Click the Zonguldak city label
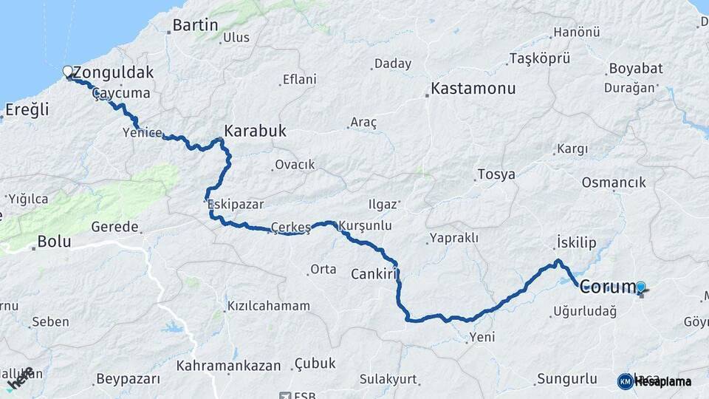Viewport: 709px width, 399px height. pos(114,72)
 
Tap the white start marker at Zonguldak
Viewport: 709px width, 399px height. pos(68,72)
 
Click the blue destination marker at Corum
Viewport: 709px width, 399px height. pos(640,287)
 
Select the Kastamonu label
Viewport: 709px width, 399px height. pos(473,89)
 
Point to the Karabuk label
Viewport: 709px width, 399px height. pos(255,131)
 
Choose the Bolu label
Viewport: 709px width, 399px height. pos(53,241)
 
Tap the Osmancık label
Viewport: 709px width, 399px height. pos(614,182)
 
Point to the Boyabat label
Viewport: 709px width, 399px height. pos(635,69)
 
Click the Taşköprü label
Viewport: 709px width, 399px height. pos(541,58)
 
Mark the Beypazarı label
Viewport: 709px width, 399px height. pos(128,379)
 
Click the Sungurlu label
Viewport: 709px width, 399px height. pos(566,379)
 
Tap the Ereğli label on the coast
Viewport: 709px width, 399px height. pos(27,110)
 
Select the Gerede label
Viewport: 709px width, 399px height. pos(115,226)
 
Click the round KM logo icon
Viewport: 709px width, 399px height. pos(626,381)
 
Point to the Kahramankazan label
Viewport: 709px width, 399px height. pos(229,365)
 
